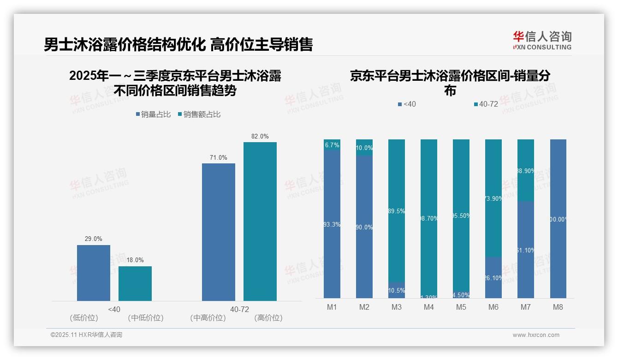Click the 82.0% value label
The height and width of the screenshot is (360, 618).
[260, 136]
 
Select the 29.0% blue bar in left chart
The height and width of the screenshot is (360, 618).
[94, 273]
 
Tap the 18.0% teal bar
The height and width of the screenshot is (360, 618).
[135, 283]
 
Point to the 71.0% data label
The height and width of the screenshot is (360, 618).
[218, 157]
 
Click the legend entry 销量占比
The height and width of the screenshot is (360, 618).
[154, 114]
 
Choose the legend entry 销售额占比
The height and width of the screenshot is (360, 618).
[199, 114]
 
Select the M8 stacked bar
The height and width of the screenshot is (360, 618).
[558, 218]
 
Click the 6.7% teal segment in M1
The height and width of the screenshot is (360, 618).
[332, 144]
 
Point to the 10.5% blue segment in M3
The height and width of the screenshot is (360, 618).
[397, 290]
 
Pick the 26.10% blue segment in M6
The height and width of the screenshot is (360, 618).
[493, 277]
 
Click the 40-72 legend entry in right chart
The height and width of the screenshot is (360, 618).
[486, 104]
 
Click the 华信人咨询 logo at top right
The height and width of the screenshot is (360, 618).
[542, 40]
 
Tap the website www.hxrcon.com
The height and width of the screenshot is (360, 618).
[535, 335]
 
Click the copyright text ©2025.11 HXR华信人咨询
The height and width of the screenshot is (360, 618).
[86, 335]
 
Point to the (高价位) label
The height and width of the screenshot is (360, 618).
[268, 318]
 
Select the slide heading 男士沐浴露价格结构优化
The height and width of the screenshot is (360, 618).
[125, 44]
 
